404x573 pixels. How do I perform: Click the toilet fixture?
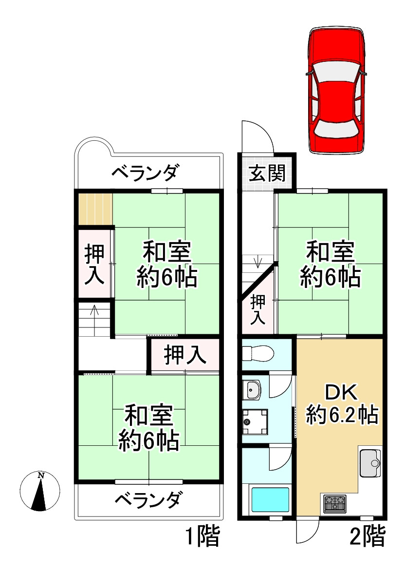[x=257, y=353]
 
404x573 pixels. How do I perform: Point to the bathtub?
[x=270, y=499]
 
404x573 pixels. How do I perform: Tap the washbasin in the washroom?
[x=253, y=389]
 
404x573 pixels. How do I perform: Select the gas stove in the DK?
[x=335, y=502]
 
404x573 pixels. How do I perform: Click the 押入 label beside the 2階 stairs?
[x=257, y=310]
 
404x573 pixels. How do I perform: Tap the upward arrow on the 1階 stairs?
[x=94, y=312]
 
